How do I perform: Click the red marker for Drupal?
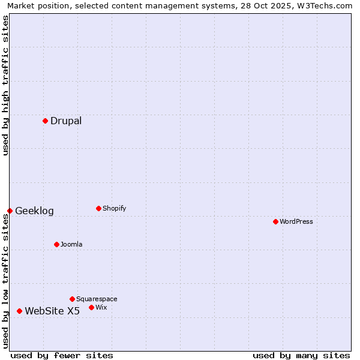45,121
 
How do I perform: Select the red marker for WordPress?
275,222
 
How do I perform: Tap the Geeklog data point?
10,211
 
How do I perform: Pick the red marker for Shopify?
98,209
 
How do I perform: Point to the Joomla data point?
56,245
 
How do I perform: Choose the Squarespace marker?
72,299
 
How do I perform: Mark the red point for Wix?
91,308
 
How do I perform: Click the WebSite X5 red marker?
19,311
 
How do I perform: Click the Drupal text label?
66,121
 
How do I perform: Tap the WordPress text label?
296,222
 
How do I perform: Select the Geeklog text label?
34,211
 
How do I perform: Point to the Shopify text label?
115,209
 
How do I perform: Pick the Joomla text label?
71,245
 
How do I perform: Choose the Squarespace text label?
97,299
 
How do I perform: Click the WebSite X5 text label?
52,311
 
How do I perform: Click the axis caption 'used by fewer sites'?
62,356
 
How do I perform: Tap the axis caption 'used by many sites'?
301,356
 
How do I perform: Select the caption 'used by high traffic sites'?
5,85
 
